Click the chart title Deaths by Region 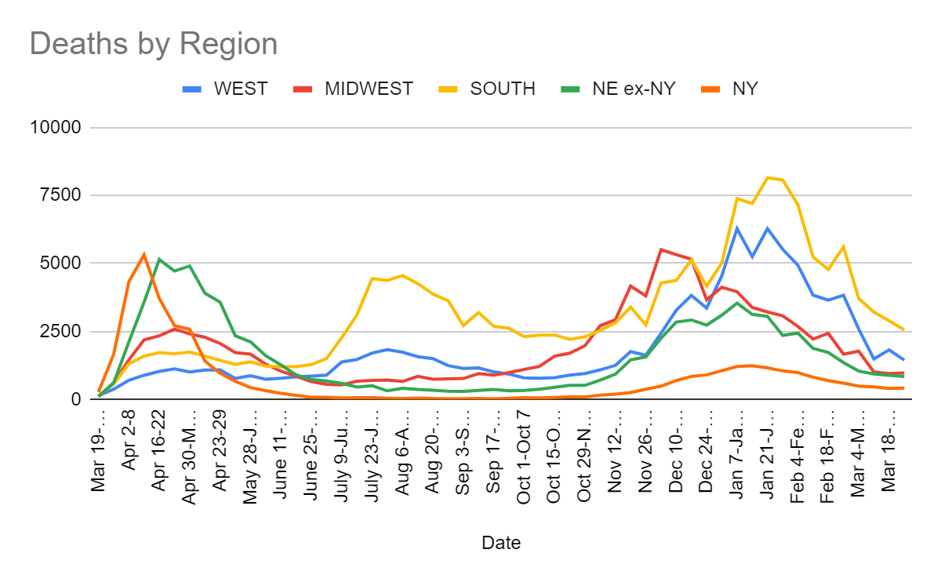pyautogui.click(x=154, y=43)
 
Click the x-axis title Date pyautogui.click(x=501, y=542)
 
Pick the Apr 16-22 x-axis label pyautogui.click(x=159, y=449)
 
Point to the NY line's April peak pyautogui.click(x=144, y=254)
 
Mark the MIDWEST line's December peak pyautogui.click(x=661, y=249)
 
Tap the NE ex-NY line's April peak pyautogui.click(x=159, y=260)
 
